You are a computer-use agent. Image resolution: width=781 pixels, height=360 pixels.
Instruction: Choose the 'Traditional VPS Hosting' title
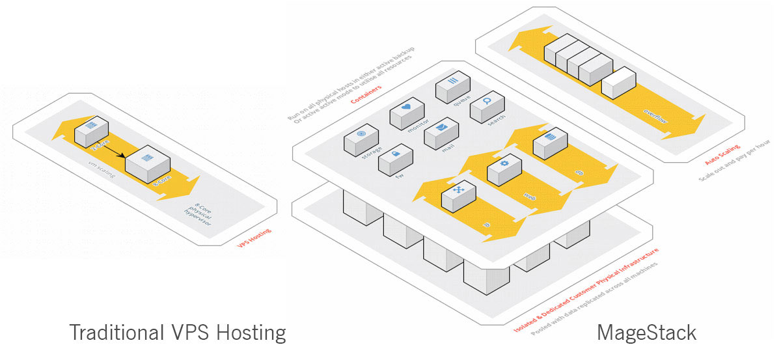click(x=178, y=333)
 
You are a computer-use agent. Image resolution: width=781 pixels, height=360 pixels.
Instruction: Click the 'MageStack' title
click(x=646, y=333)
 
